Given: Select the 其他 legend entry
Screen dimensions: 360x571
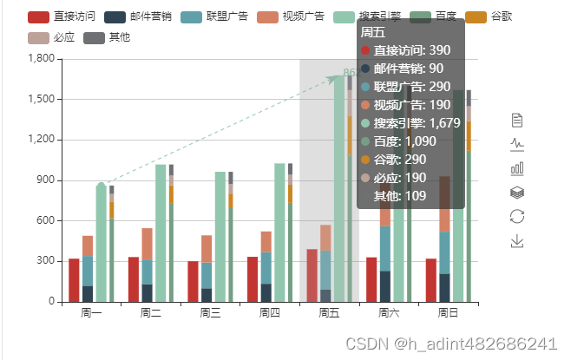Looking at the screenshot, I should (x=108, y=37).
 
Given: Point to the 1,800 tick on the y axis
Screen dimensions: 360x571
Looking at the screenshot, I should (x=41, y=59).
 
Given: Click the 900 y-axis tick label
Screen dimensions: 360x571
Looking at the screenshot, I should (x=45, y=180).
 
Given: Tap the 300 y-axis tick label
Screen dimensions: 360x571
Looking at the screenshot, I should (x=45, y=261).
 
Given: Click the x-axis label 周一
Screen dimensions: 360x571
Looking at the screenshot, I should (x=91, y=312).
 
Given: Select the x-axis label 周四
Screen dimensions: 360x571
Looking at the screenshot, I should (x=270, y=312).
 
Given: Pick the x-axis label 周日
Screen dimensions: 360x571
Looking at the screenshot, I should (x=448, y=312).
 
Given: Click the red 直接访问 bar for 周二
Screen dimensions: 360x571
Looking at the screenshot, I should (x=134, y=279).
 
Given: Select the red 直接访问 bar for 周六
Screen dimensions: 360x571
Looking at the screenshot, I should (x=371, y=279).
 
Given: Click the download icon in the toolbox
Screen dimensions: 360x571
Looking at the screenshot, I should (x=517, y=240).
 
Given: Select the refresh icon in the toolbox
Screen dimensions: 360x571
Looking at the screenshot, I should (x=517, y=216).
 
